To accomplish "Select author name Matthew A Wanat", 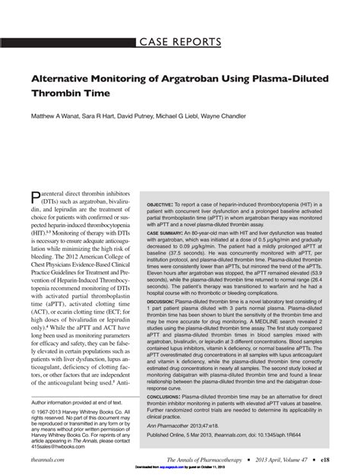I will (x=61, y=116).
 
